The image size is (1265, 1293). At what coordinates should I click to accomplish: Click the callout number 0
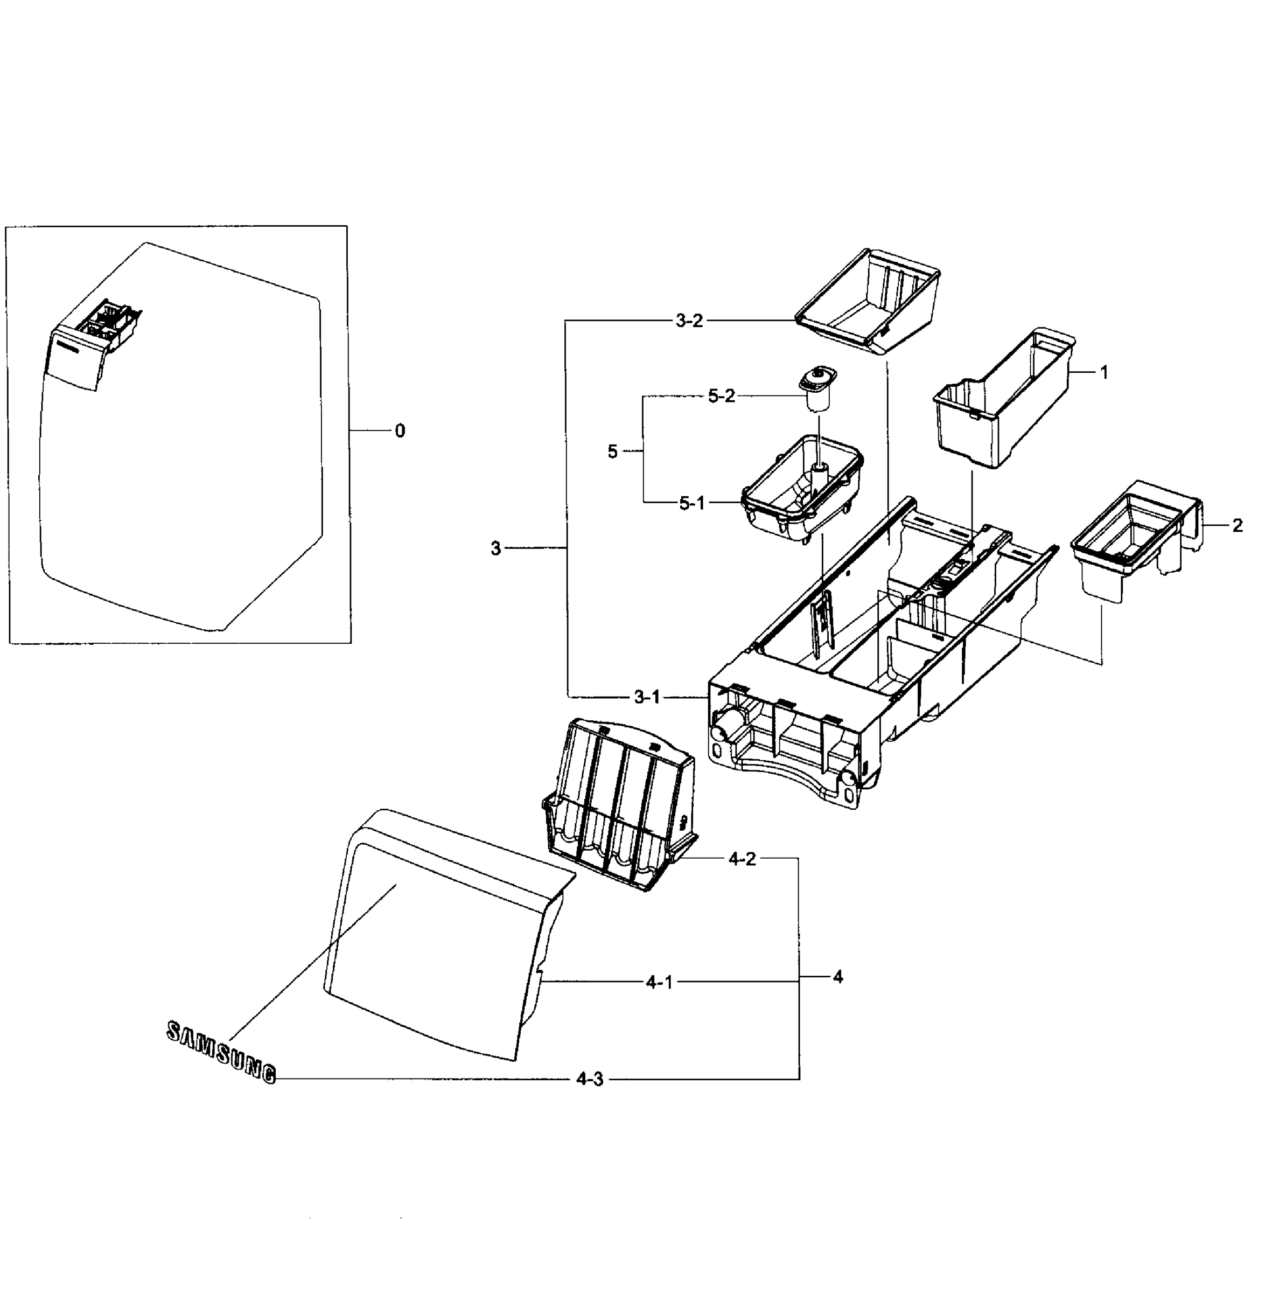click(399, 432)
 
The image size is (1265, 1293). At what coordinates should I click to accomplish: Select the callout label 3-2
click(688, 321)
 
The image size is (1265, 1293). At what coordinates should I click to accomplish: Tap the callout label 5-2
click(721, 397)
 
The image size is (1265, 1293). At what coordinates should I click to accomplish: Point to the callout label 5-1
click(691, 503)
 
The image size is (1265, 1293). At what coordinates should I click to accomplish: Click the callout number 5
click(612, 452)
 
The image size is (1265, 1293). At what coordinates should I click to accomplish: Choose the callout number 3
click(495, 548)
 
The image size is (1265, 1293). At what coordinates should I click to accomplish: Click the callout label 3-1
click(646, 697)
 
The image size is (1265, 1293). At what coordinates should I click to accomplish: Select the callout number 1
click(1104, 373)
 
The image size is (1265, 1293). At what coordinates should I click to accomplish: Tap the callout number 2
click(1237, 526)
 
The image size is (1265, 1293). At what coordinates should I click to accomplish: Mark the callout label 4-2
click(742, 858)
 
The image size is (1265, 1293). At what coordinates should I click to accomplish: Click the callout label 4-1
click(659, 982)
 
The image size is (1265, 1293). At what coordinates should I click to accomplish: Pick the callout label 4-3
click(589, 1079)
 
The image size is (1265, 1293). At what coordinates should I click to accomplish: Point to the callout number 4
click(838, 977)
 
